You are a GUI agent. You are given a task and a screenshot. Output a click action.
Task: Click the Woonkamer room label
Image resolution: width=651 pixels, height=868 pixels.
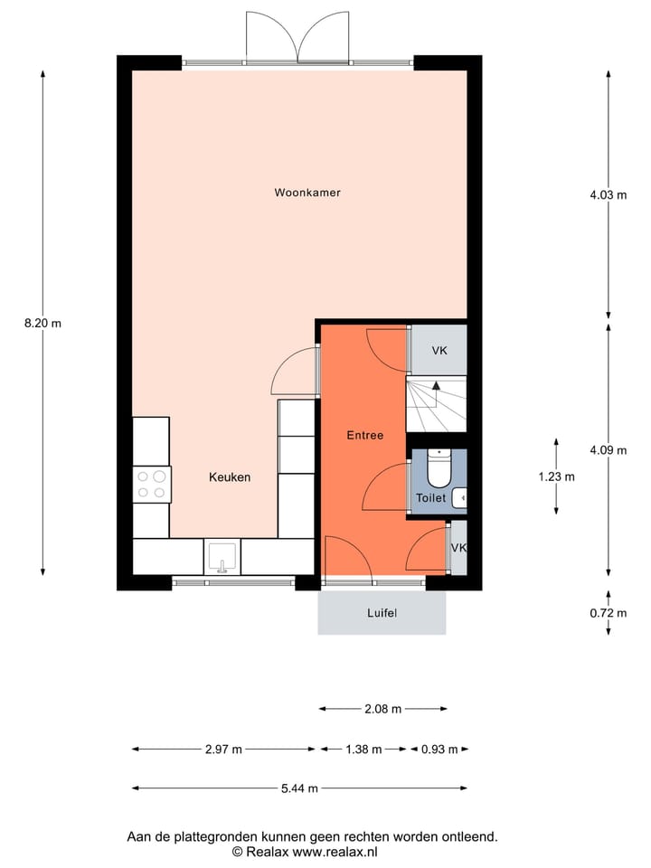pos(307,193)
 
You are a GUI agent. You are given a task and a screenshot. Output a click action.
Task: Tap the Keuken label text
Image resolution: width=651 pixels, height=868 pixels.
pos(230,477)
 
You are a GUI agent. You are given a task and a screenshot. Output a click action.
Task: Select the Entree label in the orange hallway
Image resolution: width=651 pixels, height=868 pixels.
pos(365,435)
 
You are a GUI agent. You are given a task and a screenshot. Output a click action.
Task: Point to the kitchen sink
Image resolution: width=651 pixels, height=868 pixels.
pos(222,556)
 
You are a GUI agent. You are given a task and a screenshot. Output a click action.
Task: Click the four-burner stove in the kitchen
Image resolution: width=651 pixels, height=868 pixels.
pos(151,484)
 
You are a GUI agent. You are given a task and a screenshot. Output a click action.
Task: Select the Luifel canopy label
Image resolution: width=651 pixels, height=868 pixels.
pos(382,613)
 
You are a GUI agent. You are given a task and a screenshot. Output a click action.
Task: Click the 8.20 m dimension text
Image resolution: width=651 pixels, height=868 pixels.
pos(42,323)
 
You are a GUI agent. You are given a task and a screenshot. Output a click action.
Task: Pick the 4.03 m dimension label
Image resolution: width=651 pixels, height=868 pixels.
pos(608,193)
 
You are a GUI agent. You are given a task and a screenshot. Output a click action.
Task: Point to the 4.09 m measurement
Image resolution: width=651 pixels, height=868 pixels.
pos(608,449)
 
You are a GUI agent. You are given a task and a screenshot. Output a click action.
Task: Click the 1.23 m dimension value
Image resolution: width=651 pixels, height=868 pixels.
pos(556,476)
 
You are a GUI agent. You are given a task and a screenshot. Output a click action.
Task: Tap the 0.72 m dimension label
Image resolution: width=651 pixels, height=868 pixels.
pos(608,613)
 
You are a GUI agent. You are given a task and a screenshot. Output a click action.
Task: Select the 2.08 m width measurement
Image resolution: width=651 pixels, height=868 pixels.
pos(382,709)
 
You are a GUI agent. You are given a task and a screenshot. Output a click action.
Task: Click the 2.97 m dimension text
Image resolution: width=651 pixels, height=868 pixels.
pos(223,749)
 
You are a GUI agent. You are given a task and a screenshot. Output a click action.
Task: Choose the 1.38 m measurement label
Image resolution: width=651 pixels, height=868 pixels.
pos(363,749)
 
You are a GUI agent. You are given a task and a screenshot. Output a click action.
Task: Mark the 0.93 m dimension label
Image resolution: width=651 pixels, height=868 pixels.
pos(439,749)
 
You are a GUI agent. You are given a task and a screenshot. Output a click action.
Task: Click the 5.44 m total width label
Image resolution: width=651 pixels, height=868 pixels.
pos(299,788)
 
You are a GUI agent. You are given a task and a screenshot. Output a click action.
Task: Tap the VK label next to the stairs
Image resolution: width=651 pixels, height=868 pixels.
pos(439,351)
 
